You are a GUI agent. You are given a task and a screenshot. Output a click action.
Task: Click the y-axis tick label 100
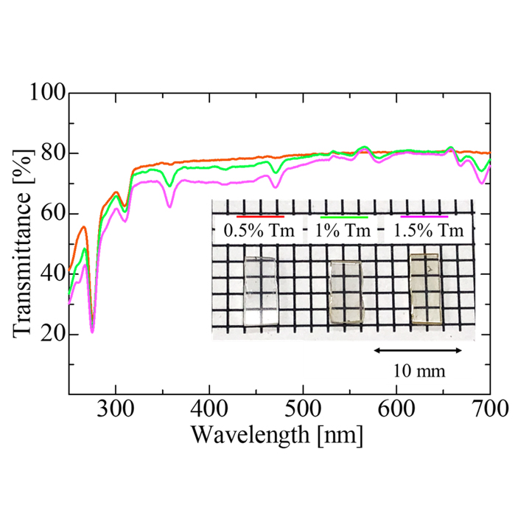[x=48, y=93]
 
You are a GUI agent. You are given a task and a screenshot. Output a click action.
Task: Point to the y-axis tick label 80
[x=53, y=153]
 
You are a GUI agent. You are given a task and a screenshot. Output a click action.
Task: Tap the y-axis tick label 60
[x=53, y=214]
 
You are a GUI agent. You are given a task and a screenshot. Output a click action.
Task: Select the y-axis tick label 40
[x=53, y=274]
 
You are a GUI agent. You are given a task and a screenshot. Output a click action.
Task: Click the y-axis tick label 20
[x=53, y=335]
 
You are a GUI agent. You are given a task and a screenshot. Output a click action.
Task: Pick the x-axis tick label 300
[x=116, y=409]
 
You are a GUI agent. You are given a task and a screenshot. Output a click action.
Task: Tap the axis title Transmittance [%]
[x=23, y=243]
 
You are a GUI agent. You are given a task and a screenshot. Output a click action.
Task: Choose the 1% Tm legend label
[x=343, y=231]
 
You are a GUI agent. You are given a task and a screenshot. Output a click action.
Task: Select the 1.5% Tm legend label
[x=431, y=231]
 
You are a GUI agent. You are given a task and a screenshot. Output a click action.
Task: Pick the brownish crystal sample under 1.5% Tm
[x=425, y=288]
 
